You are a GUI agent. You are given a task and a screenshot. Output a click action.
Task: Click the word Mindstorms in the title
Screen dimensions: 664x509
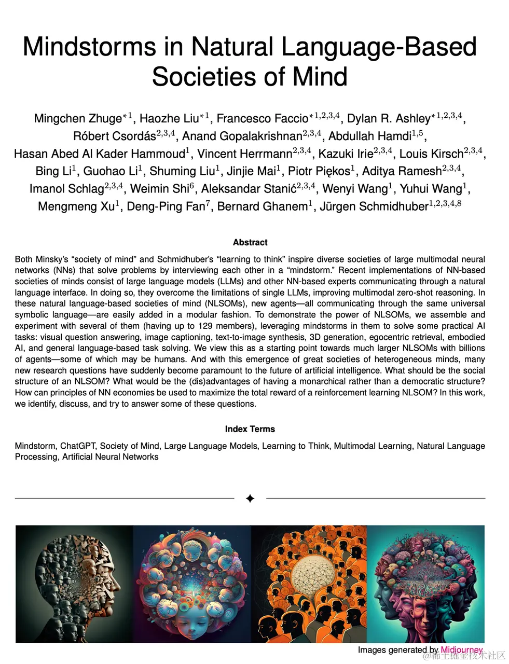coord(89,47)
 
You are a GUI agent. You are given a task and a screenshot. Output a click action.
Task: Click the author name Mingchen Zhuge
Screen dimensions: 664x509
coord(77,118)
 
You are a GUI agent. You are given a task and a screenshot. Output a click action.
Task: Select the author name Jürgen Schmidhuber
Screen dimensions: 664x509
coord(374,206)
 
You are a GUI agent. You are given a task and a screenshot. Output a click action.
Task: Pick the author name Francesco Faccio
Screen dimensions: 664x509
coord(262,118)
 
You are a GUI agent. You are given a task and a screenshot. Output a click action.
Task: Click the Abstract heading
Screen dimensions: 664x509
coord(250,242)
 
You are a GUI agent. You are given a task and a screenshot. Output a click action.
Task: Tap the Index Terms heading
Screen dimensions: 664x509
coord(250,429)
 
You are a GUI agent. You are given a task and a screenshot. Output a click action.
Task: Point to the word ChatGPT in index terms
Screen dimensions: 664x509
coord(77,446)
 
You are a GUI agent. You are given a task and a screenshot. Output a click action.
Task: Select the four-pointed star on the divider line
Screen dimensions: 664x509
coord(250,499)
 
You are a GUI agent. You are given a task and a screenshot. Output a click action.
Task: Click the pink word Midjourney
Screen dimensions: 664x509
coord(461,650)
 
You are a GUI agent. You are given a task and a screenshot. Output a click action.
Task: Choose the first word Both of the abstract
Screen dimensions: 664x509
coord(24,259)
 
